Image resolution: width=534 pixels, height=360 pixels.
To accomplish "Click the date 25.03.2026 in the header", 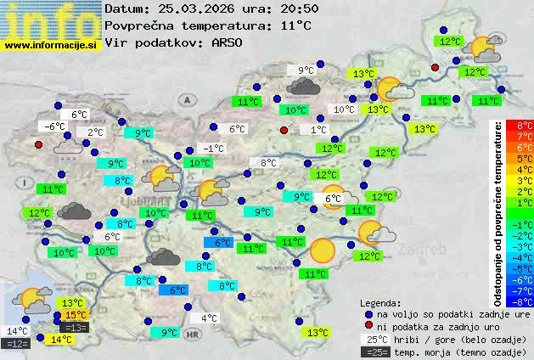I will click(x=192, y=8).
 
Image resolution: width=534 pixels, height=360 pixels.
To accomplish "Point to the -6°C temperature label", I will click(x=54, y=127).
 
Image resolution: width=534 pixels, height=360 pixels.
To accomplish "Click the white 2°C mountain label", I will click(x=94, y=132).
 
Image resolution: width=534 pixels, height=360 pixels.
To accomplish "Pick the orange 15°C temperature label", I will click(x=75, y=315).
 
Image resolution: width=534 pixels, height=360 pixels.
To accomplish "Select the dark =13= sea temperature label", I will click(x=75, y=327).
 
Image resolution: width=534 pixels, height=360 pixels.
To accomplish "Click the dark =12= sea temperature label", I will click(x=17, y=343).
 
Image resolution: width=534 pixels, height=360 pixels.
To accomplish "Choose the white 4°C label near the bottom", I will click(x=208, y=319).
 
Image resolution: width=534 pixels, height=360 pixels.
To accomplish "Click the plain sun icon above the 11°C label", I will click(x=322, y=250).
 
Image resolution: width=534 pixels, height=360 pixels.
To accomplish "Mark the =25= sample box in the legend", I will click(x=374, y=352).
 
